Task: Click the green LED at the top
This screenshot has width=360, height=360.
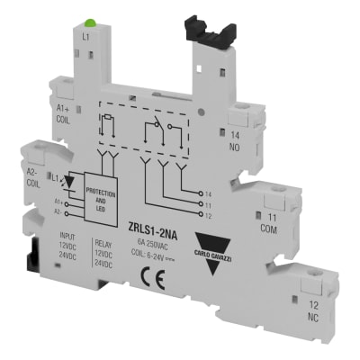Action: click(90, 21)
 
